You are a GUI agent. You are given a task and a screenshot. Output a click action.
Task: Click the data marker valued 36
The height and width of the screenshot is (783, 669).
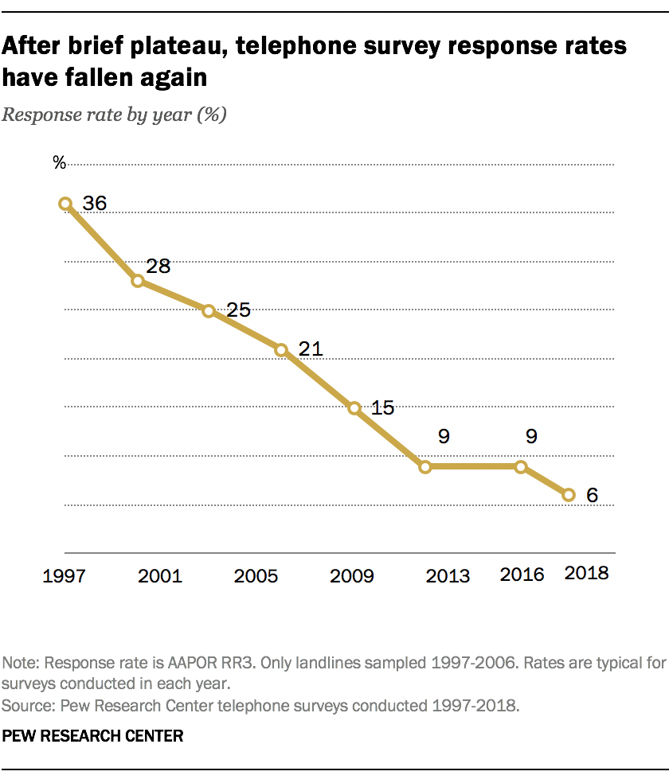65,204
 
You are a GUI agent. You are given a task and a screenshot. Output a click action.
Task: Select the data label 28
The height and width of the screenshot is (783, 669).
158,266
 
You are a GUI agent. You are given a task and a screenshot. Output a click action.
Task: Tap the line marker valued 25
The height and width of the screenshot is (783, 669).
209,311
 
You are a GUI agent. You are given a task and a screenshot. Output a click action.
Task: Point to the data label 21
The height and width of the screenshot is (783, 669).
310,349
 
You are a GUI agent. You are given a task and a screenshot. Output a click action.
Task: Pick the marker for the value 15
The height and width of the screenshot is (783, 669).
355,408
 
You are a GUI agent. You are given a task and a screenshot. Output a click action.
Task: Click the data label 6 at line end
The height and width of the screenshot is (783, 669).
592,495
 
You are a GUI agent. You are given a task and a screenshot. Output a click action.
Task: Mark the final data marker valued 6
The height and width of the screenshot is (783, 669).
569,495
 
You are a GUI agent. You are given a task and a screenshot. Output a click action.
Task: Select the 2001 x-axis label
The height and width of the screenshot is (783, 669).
160,575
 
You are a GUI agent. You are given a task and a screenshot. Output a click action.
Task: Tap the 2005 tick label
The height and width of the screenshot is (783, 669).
256,575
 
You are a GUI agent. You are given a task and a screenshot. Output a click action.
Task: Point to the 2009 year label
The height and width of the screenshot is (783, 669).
352,575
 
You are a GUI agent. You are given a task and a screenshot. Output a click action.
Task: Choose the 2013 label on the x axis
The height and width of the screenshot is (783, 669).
448,575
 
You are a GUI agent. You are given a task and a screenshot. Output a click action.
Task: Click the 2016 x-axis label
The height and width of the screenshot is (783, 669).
521,574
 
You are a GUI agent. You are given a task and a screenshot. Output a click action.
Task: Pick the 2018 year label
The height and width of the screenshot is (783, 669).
586,573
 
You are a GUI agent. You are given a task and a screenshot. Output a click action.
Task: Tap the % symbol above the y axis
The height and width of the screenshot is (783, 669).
59,162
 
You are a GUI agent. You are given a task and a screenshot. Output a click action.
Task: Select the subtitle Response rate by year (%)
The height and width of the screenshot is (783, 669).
115,114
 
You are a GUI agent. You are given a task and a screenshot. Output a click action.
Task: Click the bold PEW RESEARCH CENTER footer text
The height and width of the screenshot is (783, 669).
93,736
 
